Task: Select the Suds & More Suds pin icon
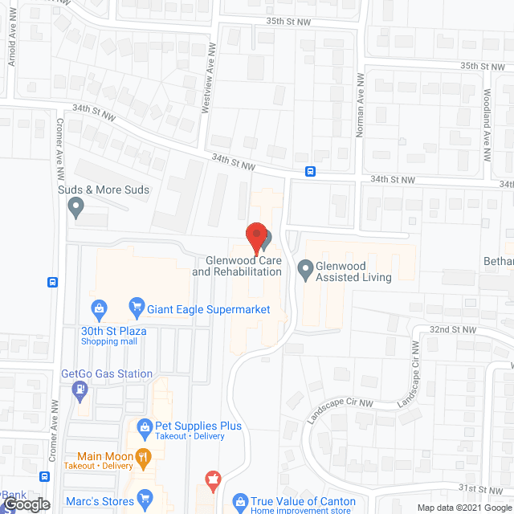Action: coord(77,208)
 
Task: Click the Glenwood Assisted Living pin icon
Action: coord(305,269)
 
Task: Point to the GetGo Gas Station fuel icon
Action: coord(80,390)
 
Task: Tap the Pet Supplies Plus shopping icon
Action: coord(145,426)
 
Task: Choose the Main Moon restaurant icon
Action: coord(144,459)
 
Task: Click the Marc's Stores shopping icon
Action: coord(145,499)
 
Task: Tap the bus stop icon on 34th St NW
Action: coord(310,171)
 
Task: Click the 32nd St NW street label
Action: coord(452,330)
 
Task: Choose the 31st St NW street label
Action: coord(480,488)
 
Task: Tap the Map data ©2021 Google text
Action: coord(463,507)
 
